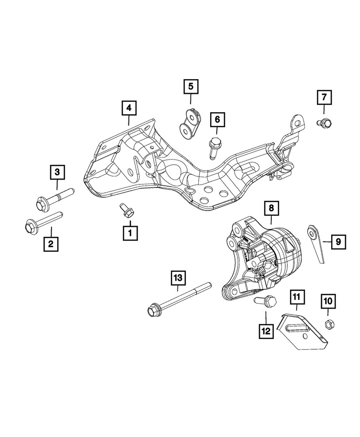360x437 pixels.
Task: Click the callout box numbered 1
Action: pyautogui.click(x=130, y=232)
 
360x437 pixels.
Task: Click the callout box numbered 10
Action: pyautogui.click(x=329, y=301)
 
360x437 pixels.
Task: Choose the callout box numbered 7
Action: pyautogui.click(x=324, y=97)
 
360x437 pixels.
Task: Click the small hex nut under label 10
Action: pyautogui.click(x=330, y=324)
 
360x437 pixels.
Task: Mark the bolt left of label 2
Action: pyautogui.click(x=42, y=222)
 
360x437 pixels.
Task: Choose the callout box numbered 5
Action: pyautogui.click(x=190, y=87)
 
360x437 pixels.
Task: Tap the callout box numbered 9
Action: pyautogui.click(x=338, y=241)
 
